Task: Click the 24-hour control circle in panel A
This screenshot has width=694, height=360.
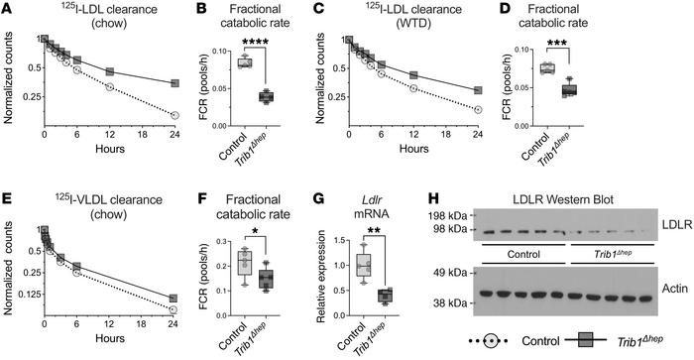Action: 174,116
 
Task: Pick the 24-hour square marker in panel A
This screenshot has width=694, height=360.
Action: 174,83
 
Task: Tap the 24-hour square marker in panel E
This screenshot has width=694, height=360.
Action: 174,299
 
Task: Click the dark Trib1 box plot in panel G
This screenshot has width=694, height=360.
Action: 386,296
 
